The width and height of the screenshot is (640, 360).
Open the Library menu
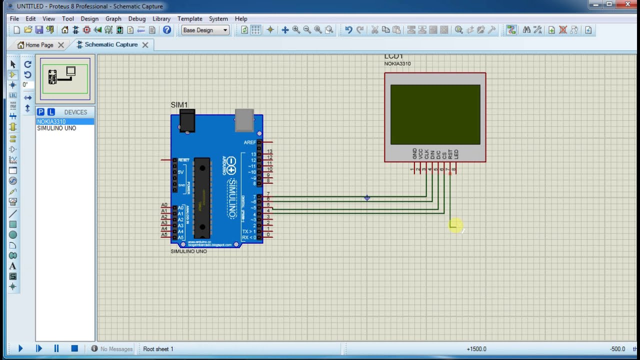(161, 18)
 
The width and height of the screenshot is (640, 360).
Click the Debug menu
(137, 18)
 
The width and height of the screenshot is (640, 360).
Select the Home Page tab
(39, 45)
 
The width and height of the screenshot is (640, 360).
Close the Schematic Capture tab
(145, 45)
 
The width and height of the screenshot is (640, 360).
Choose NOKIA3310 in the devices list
(51, 121)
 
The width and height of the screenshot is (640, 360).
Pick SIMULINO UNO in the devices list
(56, 128)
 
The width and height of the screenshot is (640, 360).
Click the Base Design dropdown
(205, 30)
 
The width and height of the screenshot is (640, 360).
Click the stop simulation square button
(74, 348)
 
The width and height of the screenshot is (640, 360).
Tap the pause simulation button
(56, 348)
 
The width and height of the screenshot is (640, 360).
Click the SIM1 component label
(179, 105)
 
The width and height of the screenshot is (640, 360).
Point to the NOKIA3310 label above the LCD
(397, 63)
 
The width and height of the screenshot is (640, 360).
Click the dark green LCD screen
(435, 114)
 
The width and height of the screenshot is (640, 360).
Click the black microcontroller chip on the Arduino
(202, 197)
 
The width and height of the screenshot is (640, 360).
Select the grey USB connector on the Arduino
(244, 120)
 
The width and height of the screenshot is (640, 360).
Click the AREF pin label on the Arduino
(249, 142)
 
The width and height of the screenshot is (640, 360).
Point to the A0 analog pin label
(164, 205)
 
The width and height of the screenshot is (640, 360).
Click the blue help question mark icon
(167, 30)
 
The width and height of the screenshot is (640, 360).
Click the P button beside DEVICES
(41, 112)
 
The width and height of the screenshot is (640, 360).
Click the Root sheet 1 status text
(158, 348)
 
